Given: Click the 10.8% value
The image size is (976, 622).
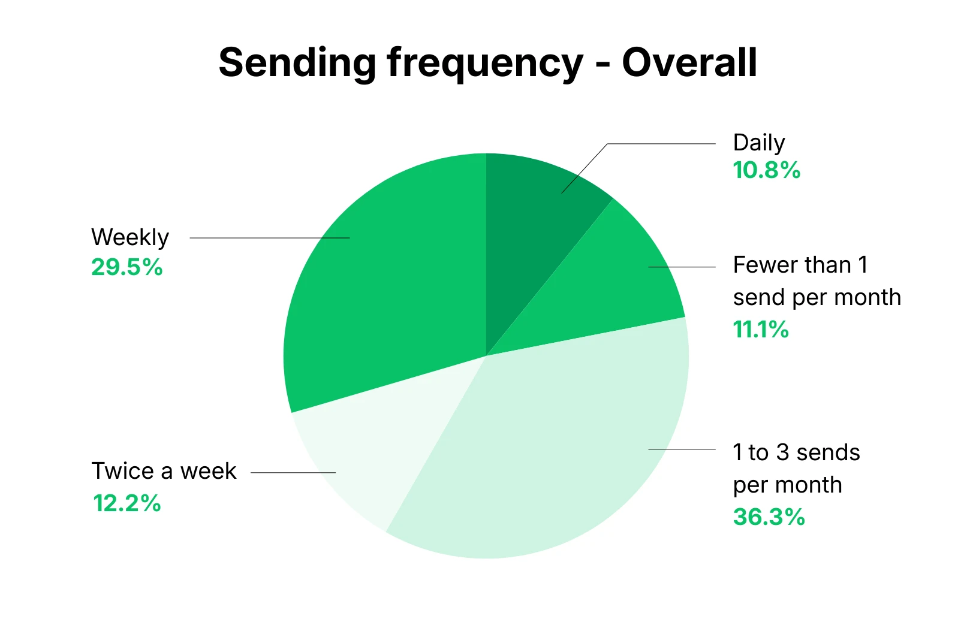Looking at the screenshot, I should coord(766,171).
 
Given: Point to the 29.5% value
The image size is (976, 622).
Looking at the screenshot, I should coord(126,267).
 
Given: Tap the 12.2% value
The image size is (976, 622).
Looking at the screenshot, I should coord(126,503).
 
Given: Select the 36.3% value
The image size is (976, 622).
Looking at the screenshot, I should coord(769,517).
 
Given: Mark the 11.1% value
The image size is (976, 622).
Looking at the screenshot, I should coord(760,330).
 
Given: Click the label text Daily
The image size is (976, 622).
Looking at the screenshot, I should coord(758,143).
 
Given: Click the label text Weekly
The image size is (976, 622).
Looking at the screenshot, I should coord(129,238).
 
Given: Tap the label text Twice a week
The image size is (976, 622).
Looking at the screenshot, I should coord(164,472).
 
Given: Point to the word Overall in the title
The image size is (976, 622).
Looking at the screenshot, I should coord(689,62).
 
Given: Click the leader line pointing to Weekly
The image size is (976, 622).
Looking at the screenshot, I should coord(270,238).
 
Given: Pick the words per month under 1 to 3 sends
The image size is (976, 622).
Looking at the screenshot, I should coord(787,485).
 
